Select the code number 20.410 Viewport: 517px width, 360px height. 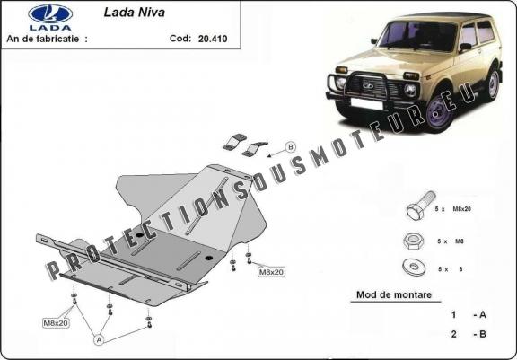(x=205, y=40)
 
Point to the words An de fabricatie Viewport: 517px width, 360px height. (x=47, y=40)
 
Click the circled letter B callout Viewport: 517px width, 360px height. (x=290, y=146)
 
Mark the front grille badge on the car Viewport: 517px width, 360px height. (x=366, y=86)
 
